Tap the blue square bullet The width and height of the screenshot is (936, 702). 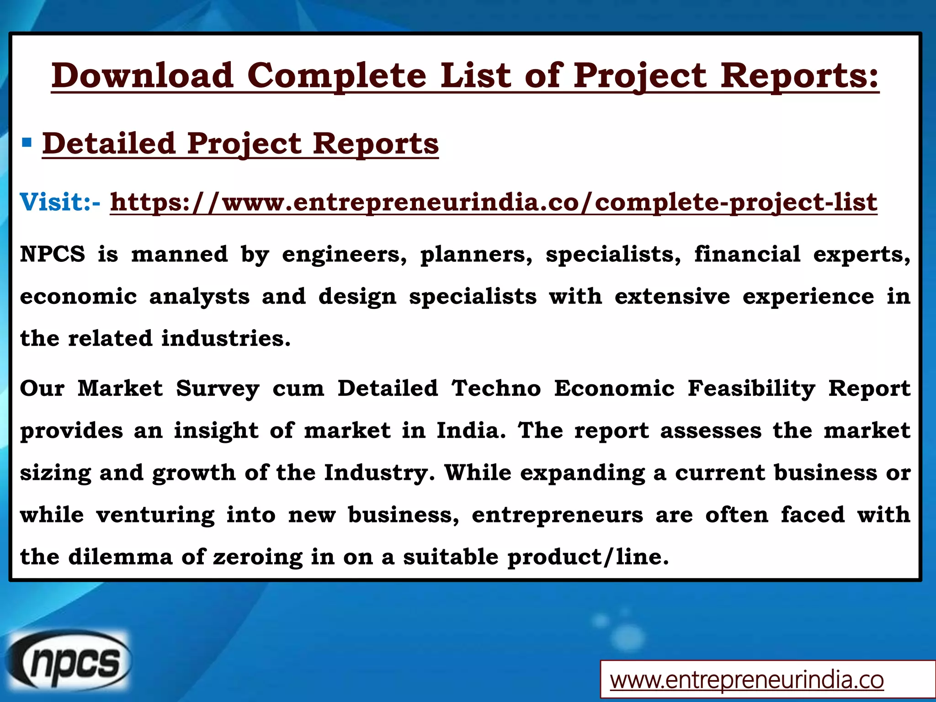27,143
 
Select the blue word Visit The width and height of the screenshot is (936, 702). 55,202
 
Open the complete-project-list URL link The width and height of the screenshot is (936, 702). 494,202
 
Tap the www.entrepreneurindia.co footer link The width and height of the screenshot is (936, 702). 747,680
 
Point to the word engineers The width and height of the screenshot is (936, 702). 344,254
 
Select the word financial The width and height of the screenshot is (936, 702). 747,254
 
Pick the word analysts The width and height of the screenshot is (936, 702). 199,297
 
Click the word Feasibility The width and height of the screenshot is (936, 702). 751,388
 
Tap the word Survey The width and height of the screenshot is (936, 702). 218,388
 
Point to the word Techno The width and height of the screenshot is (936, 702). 496,388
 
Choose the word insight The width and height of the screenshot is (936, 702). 216,431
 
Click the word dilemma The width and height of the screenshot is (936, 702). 120,557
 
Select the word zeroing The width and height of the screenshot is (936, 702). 258,557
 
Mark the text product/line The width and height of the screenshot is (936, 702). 587,557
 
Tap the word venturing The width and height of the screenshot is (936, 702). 155,515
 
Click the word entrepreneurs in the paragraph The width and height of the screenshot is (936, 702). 557,515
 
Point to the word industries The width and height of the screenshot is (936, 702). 226,339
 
